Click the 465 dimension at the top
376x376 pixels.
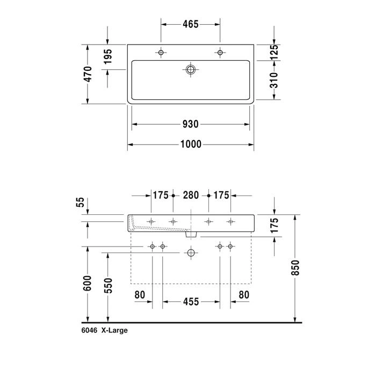coord(191,24)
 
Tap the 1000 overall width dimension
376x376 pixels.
coord(191,144)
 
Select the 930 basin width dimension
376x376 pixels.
coord(191,124)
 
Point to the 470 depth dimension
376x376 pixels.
coord(88,74)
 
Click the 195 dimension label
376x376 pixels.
coord(108,56)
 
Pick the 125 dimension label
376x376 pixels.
coord(274,52)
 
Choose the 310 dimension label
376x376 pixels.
coord(274,80)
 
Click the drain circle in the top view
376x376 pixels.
coord(191,70)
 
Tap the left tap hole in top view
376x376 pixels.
coord(161,53)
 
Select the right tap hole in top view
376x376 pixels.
coord(220,53)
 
